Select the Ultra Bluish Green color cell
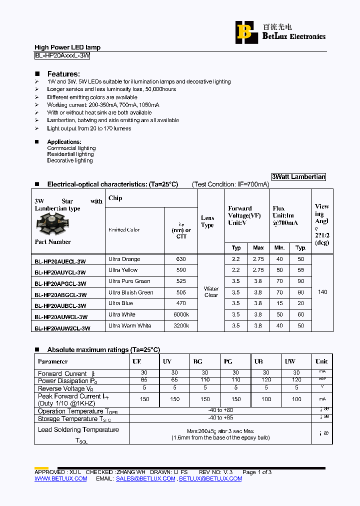coord(130,292)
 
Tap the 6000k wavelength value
coord(181,314)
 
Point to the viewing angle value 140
coord(322,292)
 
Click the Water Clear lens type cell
coord(211,292)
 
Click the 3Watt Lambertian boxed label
coord(298,176)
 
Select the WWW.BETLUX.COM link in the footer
coord(60,478)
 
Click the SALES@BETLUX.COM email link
coord(145,478)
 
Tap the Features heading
coord(63,73)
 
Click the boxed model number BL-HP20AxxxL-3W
coord(62,56)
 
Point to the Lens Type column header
coord(207,221)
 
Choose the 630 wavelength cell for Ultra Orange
coord(181,259)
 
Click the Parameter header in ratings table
coord(52,361)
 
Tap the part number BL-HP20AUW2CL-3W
coord(62,328)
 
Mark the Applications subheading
coord(64,142)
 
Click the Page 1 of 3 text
coord(257,472)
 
